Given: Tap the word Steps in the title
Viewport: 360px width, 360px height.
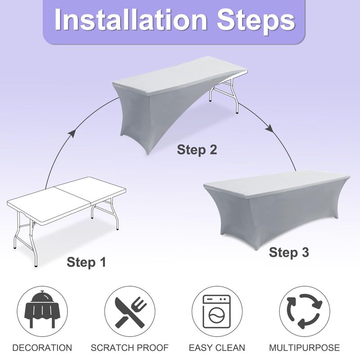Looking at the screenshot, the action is (256, 22).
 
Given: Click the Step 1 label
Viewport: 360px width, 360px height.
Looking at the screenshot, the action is (86, 262).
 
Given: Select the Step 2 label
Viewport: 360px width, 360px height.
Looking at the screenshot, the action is (197, 150).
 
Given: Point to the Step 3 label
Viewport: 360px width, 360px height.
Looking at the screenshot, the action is (289, 252).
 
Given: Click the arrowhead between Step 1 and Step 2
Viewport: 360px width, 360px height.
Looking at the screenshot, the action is (72, 134).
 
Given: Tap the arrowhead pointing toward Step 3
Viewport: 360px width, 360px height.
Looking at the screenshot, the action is (270, 129).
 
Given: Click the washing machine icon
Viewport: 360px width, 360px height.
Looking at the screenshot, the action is (217, 311).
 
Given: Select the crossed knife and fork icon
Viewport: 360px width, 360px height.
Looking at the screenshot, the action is (130, 312).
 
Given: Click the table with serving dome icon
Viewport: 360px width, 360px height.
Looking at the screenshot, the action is (42, 310).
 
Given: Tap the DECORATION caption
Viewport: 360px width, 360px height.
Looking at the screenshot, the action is (42, 347).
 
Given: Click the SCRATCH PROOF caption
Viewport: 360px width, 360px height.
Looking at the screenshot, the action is (130, 347).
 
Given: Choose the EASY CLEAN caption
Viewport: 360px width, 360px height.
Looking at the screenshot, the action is (217, 347).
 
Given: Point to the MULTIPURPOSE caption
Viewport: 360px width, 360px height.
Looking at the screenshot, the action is (305, 347).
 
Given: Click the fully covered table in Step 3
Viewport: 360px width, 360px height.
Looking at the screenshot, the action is (277, 207).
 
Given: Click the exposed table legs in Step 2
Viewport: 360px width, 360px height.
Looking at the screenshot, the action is (226, 96).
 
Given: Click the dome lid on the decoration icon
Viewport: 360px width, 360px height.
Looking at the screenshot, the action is (42, 297).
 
